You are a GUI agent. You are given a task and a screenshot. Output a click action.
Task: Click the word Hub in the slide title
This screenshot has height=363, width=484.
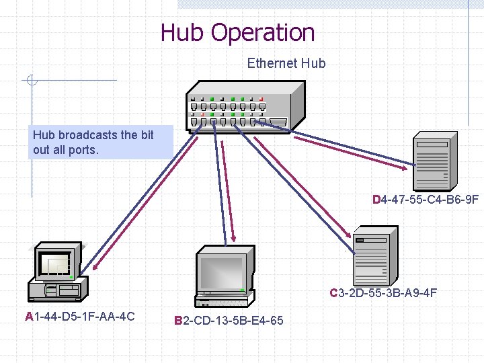tap(183, 32)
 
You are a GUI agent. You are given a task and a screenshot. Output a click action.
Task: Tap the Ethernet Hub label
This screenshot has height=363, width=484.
tap(286, 64)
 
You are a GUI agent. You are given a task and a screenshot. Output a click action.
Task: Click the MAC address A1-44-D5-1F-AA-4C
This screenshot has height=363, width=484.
tap(80, 317)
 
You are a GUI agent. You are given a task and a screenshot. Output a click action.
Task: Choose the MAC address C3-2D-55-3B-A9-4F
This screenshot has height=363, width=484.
tap(383, 293)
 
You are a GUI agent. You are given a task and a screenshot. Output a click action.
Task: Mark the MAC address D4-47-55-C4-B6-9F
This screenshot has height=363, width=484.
tap(426, 200)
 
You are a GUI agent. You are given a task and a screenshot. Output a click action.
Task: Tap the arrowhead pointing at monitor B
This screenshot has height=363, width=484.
tap(233, 237)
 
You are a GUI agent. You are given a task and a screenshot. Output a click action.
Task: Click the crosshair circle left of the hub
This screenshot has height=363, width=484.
tap(31, 81)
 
